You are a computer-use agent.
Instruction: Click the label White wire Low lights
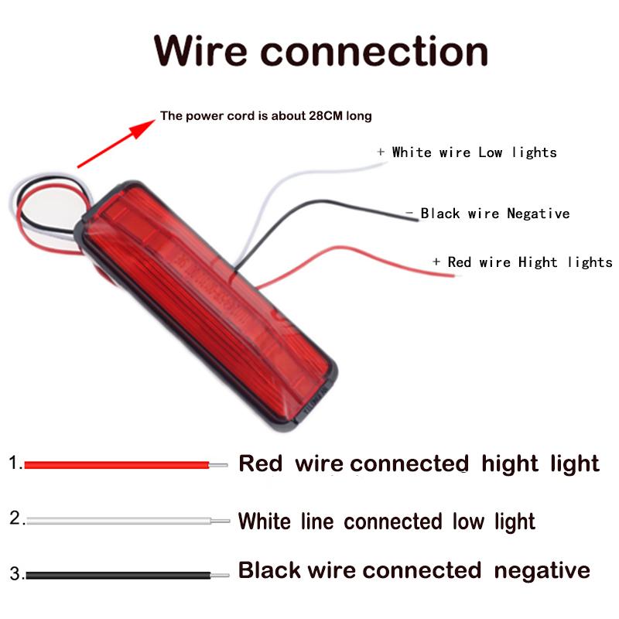coord(474,152)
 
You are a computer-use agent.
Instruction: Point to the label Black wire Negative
coord(494,214)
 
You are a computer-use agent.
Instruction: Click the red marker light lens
coord(209,302)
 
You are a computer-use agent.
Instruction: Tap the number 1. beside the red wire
coord(15,463)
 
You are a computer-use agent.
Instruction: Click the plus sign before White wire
coord(381,152)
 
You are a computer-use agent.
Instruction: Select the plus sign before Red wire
coord(436,262)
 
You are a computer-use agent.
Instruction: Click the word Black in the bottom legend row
coord(269,571)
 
